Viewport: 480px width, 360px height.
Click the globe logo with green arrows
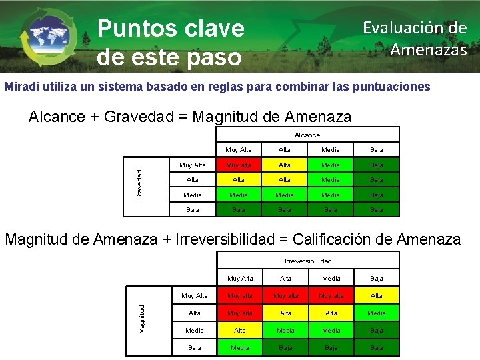tap(49, 37)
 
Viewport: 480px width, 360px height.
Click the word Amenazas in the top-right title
tap(428, 50)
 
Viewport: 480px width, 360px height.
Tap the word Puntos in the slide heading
tap(133, 28)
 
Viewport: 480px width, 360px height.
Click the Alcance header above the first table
tap(307, 135)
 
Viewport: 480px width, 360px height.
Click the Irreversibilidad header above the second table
tap(308, 261)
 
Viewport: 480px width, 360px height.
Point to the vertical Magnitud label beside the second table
tap(142, 318)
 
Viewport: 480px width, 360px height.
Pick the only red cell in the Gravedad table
tap(239, 165)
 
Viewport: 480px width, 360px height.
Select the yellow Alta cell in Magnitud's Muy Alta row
tap(377, 295)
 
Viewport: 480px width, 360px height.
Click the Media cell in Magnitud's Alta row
tap(377, 313)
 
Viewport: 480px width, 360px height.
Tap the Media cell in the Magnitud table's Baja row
tap(239, 347)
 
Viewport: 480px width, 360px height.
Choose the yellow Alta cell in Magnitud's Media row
tap(239, 330)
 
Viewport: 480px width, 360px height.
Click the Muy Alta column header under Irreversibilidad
tap(239, 278)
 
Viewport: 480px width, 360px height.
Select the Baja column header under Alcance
tap(377, 150)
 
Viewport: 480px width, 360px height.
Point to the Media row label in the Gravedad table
tap(193, 195)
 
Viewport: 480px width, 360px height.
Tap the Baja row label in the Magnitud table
tap(194, 347)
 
